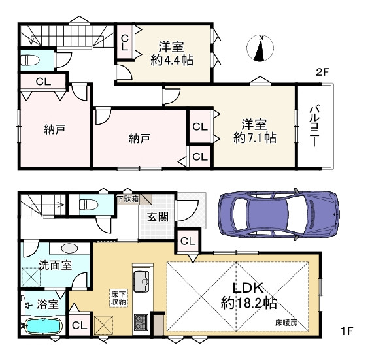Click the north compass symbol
260,50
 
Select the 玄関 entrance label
156,216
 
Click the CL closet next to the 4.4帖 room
125,42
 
